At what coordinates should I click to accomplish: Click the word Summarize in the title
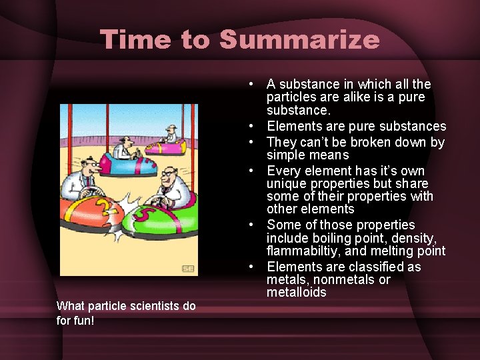point(299,39)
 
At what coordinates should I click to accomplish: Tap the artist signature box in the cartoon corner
point(188,268)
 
